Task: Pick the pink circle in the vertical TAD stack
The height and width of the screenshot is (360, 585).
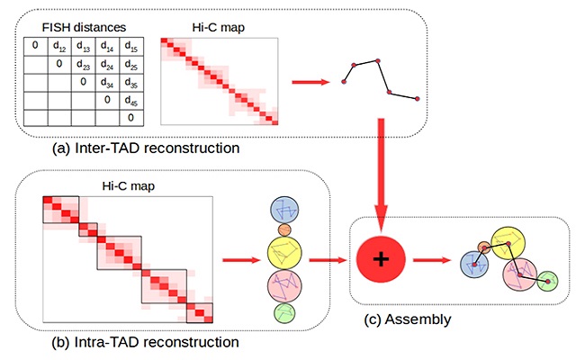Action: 285,287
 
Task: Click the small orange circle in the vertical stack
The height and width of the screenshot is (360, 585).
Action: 285,230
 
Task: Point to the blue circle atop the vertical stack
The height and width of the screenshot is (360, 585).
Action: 285,209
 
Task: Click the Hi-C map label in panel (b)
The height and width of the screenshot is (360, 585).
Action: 127,185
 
